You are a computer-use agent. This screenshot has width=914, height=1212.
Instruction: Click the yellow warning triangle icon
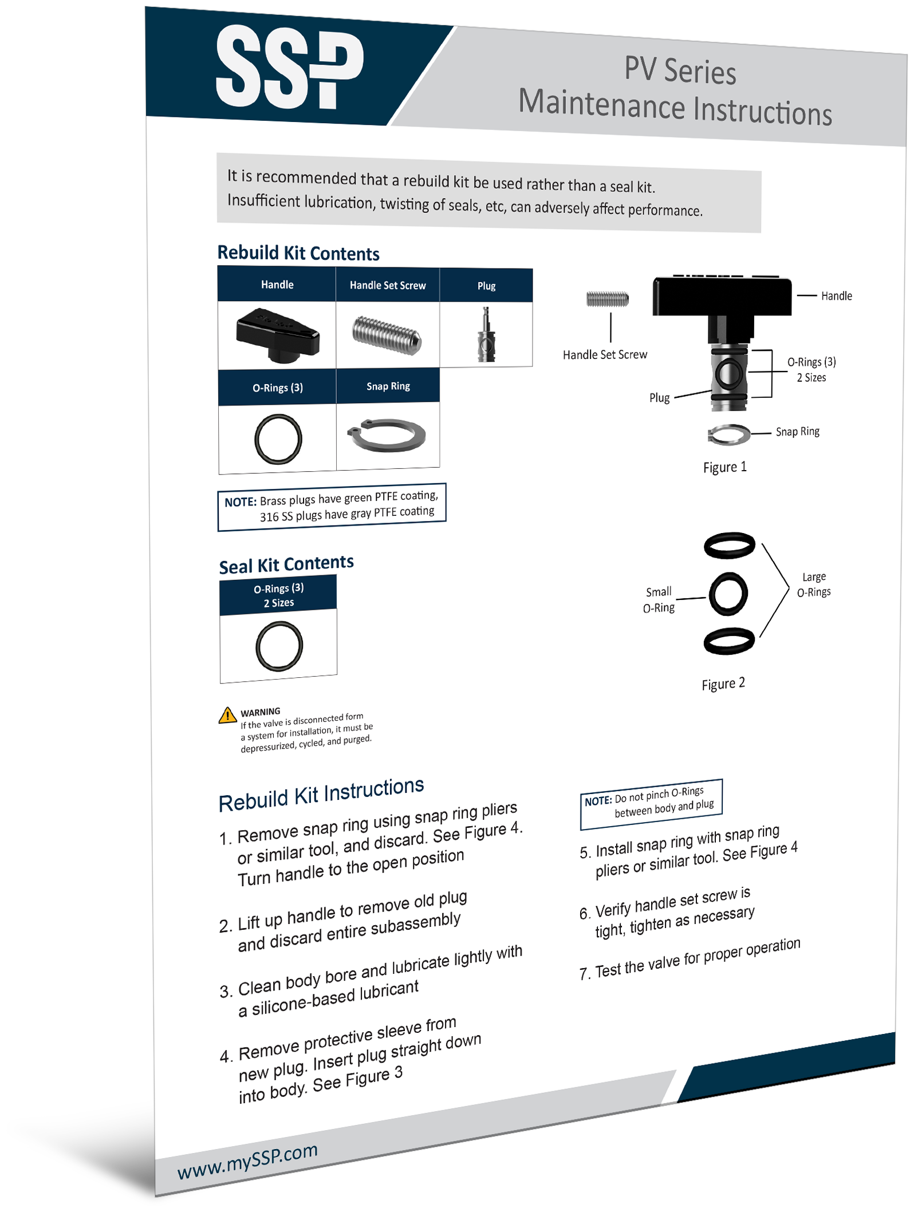coord(227,715)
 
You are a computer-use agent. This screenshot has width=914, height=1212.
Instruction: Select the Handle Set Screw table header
coord(388,285)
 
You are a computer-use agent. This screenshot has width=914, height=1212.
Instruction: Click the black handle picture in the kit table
coord(278,335)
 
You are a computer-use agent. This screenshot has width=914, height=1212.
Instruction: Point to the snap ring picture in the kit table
coord(387,435)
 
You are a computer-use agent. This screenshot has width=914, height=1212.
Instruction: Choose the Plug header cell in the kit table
coord(486,286)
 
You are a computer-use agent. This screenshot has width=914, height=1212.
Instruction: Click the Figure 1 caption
coord(724,467)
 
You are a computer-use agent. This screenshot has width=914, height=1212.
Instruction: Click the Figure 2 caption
coord(723,684)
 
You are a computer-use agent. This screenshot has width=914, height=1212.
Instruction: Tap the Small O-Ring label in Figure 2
coord(659,599)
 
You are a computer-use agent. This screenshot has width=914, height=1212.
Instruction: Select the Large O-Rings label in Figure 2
coord(814,584)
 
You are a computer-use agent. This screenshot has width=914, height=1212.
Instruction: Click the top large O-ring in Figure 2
coord(729,545)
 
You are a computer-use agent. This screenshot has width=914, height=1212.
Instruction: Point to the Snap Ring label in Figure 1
coord(797,432)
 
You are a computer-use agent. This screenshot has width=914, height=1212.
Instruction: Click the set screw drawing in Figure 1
coord(607,298)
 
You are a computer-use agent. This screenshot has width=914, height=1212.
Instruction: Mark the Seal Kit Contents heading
coord(286,564)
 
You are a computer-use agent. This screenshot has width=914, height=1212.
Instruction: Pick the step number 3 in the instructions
coord(225,992)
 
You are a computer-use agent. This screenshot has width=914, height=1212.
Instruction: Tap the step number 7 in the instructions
coord(584,974)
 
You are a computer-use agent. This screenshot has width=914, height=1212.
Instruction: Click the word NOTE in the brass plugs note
coord(240,502)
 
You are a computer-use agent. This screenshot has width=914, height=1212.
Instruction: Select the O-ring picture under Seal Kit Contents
coord(279,646)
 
